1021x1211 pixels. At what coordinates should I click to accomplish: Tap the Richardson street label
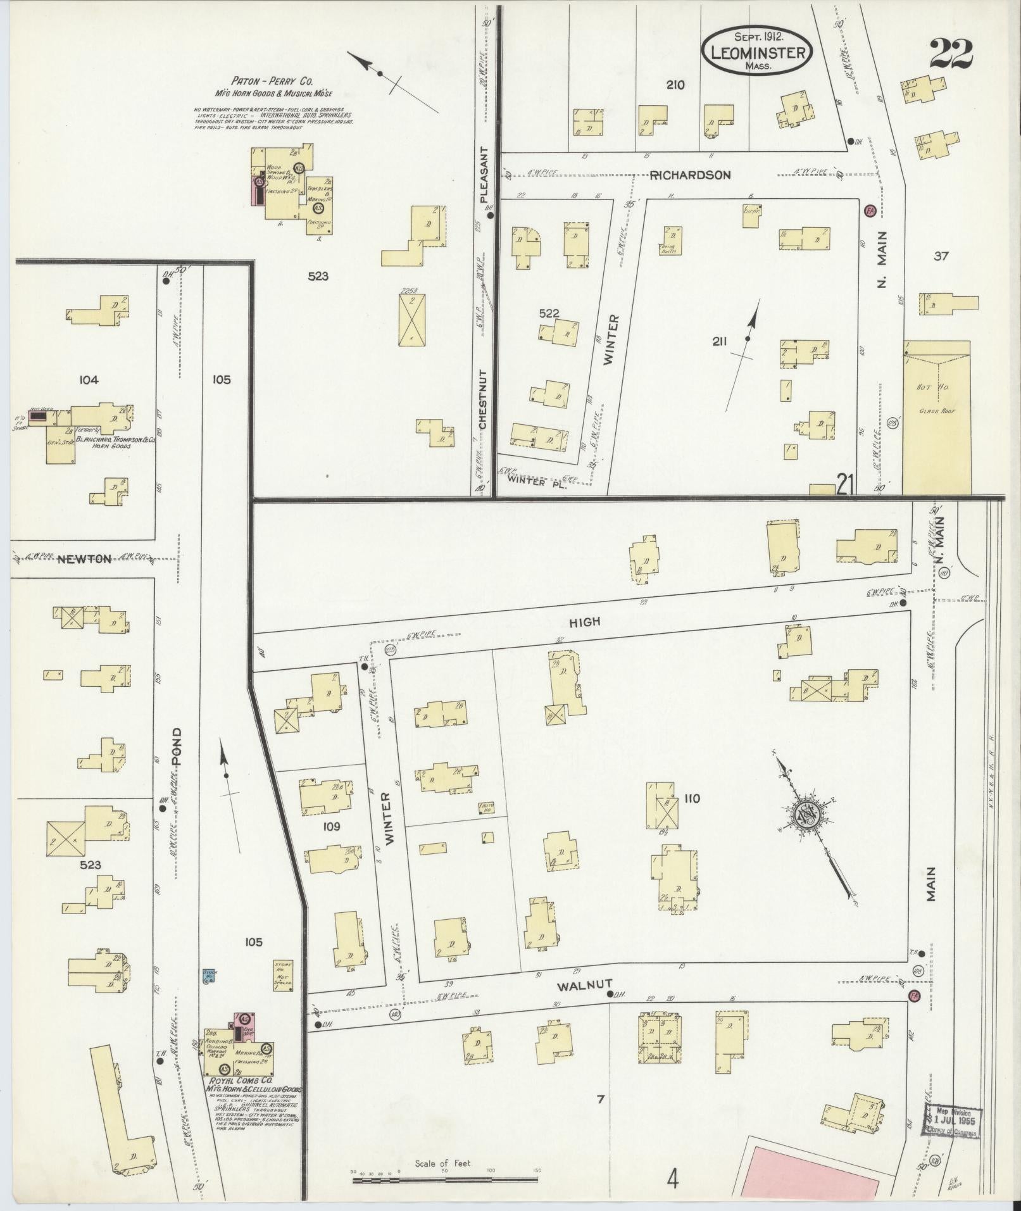pos(690,175)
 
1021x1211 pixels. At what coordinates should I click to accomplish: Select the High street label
pos(584,622)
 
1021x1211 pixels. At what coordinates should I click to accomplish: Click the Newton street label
pos(86,558)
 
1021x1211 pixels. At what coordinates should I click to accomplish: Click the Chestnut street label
pos(482,400)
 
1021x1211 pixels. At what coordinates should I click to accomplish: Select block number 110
pos(692,799)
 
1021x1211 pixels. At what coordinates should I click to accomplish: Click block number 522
pos(549,313)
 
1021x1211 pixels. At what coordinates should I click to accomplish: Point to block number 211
pos(719,342)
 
